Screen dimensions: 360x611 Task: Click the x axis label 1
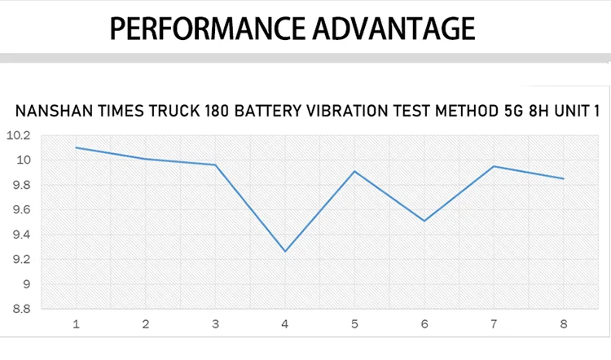77,324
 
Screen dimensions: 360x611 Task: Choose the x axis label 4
285,324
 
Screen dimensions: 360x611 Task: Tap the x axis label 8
564,324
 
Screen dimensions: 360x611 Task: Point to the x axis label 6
424,324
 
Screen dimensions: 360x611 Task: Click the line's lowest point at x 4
285,251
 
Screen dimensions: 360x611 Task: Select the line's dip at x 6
424,221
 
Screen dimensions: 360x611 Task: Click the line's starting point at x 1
77,147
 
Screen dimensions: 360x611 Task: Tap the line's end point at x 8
564,178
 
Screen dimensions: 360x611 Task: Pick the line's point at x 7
494,166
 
